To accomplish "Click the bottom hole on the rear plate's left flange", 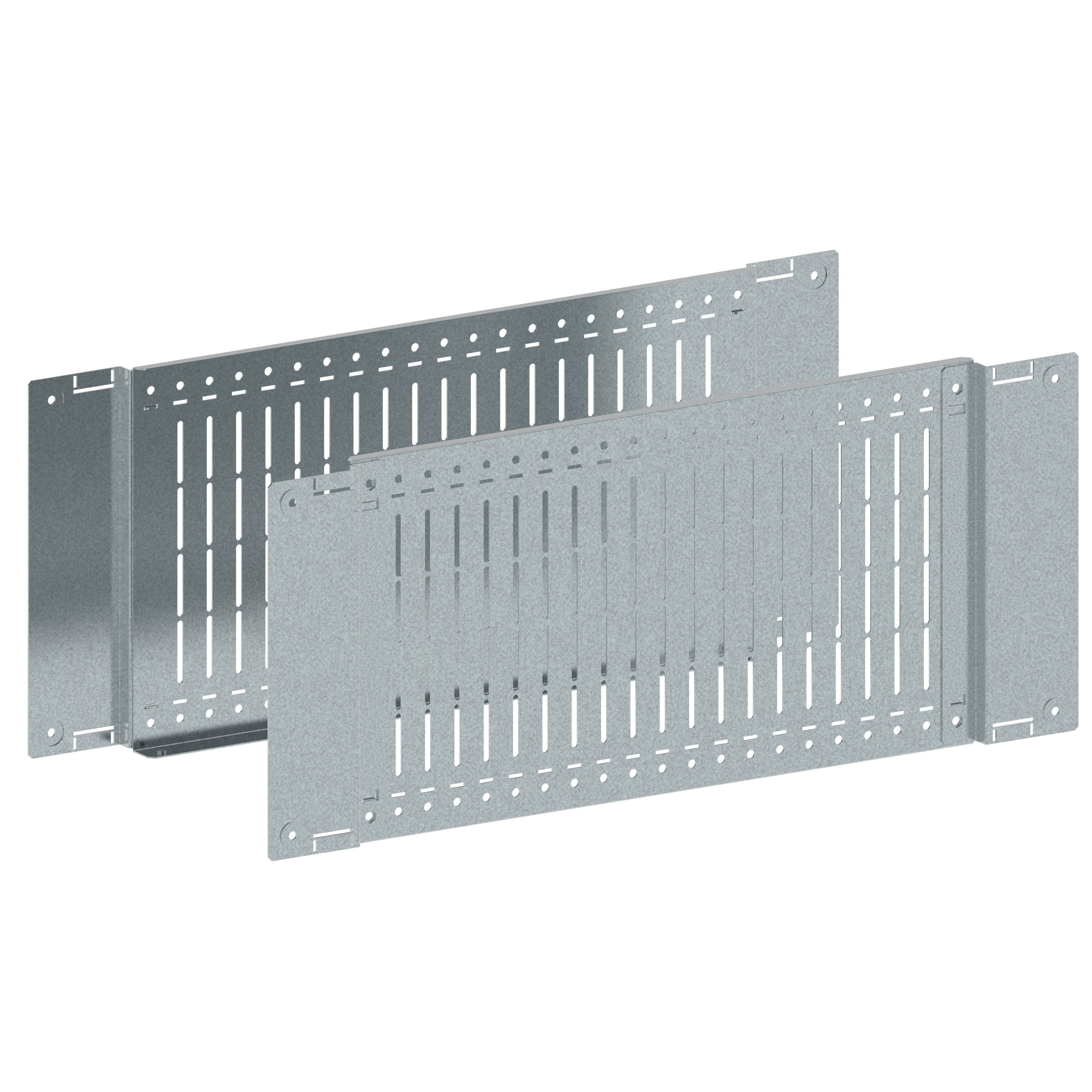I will [x=52, y=732].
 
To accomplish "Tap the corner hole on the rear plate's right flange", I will [x=815, y=276].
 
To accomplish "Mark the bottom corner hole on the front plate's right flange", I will [x=1052, y=709].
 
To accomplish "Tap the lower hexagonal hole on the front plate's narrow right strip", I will [x=956, y=721].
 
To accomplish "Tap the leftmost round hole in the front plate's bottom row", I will [x=370, y=815].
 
